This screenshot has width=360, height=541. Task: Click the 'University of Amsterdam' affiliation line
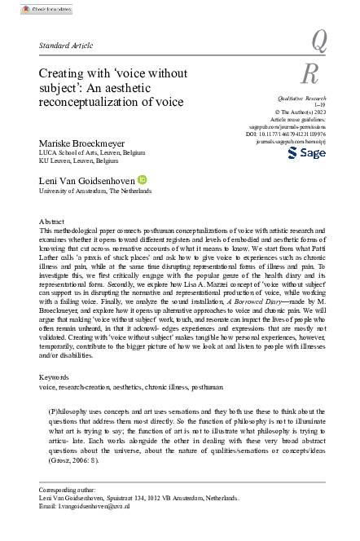(96, 190)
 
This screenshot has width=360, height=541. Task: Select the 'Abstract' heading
(56, 222)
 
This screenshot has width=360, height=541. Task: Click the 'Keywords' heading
(57, 377)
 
